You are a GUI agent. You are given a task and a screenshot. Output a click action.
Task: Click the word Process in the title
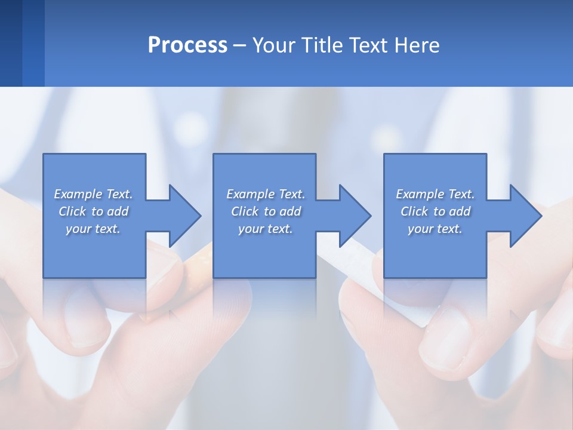tap(187, 45)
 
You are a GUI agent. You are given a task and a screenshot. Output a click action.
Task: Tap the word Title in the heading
tap(323, 45)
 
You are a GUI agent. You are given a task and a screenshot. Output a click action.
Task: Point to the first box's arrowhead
tap(185, 216)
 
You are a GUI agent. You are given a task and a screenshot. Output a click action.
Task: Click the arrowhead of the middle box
tap(355, 216)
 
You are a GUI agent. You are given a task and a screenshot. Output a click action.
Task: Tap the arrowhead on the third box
tap(526, 216)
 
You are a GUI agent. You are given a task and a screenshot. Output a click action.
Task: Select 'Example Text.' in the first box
tap(93, 194)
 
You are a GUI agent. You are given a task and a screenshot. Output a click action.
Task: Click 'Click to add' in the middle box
tap(266, 211)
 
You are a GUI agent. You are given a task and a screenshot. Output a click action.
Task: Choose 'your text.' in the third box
tap(435, 229)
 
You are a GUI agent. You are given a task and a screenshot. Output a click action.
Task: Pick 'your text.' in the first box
tap(93, 229)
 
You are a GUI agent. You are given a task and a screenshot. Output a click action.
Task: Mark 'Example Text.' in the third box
tap(435, 194)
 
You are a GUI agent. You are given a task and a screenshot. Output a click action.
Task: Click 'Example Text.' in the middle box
tap(266, 194)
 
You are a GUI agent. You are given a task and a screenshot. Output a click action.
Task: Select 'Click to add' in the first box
tap(93, 211)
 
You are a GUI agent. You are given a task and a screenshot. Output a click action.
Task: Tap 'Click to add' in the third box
tap(435, 211)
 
